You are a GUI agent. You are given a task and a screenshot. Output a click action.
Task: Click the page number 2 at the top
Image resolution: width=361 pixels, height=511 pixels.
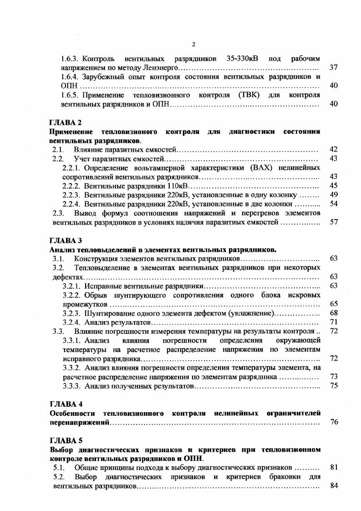pyautogui.click(x=193, y=44)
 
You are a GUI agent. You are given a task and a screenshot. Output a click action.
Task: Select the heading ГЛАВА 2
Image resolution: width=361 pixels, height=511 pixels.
pyautogui.click(x=65, y=123)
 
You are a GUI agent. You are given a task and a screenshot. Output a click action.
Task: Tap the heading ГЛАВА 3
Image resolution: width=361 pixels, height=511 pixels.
pyautogui.click(x=65, y=240)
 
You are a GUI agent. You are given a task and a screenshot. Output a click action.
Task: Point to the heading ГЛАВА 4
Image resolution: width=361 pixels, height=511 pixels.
pyautogui.click(x=65, y=404)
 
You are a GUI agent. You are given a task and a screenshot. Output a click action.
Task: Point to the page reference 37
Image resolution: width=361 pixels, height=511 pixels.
pyautogui.click(x=333, y=67)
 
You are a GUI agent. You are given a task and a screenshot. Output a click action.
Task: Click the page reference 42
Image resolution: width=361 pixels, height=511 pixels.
pyautogui.click(x=333, y=149)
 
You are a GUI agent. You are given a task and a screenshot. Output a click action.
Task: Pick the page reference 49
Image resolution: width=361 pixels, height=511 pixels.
pyautogui.click(x=333, y=194)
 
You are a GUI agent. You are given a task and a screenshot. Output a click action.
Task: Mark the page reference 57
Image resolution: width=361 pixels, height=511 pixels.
pyautogui.click(x=333, y=222)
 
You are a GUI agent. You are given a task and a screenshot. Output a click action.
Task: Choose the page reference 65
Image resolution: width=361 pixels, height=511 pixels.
pyautogui.click(x=333, y=304)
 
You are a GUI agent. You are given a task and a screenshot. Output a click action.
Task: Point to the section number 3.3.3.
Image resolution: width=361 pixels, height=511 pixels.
pyautogui.click(x=71, y=386)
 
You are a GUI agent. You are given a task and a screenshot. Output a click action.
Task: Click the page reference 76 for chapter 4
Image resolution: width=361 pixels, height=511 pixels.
pyautogui.click(x=333, y=422)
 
